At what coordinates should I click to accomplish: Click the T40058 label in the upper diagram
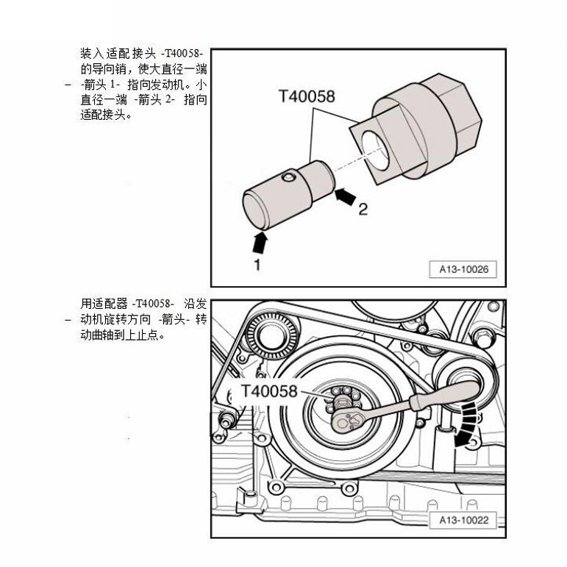pos(307,96)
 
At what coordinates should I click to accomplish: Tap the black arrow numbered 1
pos(260,240)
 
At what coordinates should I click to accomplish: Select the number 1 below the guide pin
pos(257,265)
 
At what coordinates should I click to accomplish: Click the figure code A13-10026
pos(463,269)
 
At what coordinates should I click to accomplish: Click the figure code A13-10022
pos(463,520)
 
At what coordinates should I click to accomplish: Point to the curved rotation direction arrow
pos(466,425)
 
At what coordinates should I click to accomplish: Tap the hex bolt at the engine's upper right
pos(483,338)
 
